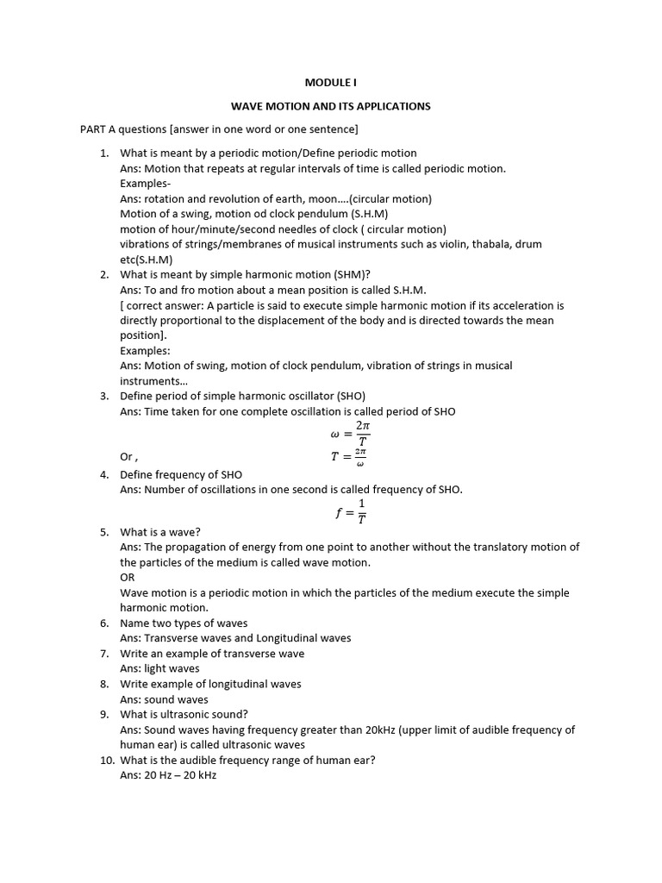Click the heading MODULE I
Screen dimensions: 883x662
(330, 83)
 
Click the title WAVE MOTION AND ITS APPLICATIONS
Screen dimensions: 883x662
(330, 106)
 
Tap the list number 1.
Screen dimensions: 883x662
(103, 153)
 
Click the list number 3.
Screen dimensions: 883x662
(103, 396)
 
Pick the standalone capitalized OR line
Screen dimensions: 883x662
(128, 578)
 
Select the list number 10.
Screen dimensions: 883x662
(102, 760)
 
